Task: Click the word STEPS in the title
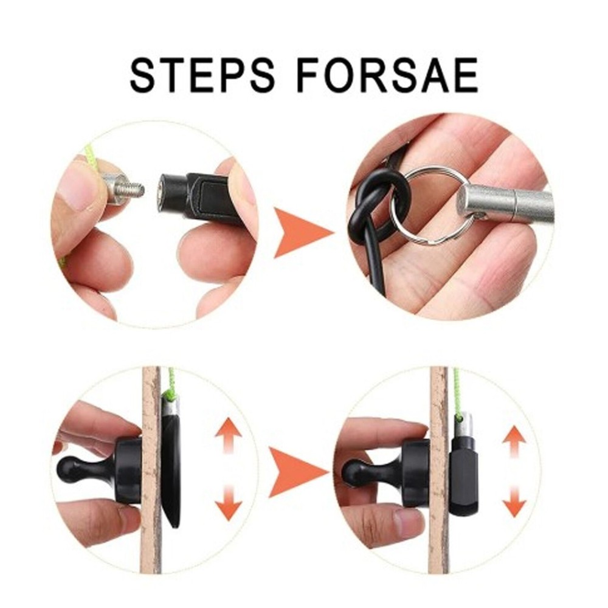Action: pyautogui.click(x=199, y=75)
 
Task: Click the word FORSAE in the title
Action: pyautogui.click(x=389, y=75)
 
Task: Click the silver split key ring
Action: pyautogui.click(x=433, y=205)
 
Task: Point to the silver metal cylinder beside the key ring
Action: pyautogui.click(x=505, y=202)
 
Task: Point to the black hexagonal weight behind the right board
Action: pyautogui.click(x=463, y=474)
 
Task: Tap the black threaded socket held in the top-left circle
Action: pyautogui.click(x=195, y=195)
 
